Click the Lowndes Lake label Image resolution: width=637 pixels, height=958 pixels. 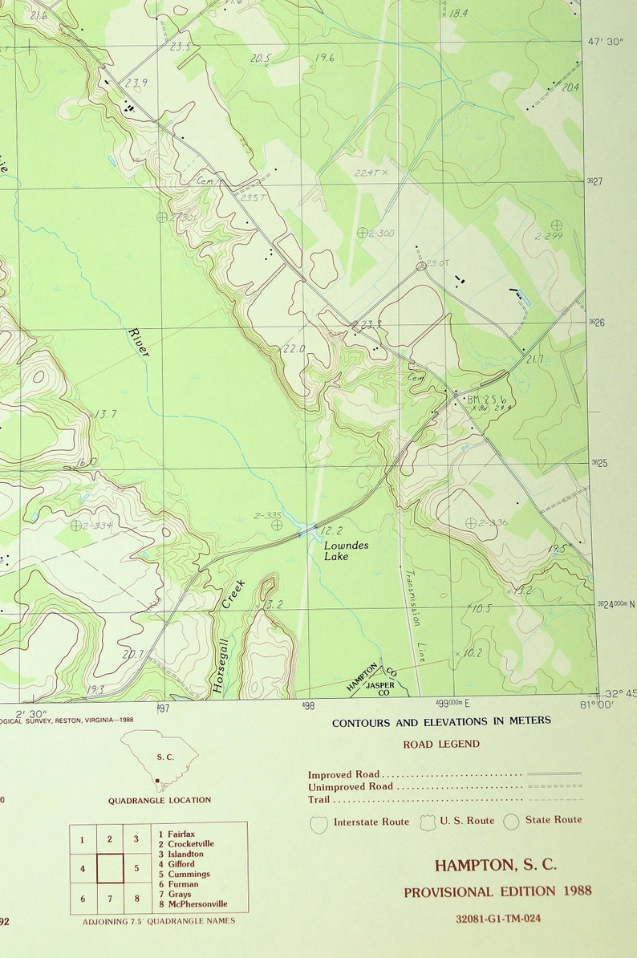(x=336, y=550)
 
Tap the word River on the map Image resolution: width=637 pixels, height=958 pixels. (x=138, y=342)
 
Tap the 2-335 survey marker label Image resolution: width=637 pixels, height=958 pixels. (x=267, y=516)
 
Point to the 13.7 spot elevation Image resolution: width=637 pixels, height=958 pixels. (x=105, y=414)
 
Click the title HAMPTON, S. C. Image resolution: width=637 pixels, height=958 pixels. (x=495, y=865)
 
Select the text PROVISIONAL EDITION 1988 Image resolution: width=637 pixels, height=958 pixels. (x=497, y=891)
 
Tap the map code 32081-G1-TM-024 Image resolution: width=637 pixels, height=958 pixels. (x=497, y=918)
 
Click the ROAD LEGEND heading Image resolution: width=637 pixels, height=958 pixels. (x=441, y=744)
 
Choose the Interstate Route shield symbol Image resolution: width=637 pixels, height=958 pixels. (x=319, y=823)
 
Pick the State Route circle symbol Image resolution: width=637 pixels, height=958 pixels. (x=511, y=822)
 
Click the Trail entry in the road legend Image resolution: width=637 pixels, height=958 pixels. (x=319, y=799)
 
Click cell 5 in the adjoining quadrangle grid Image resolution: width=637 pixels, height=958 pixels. (x=137, y=868)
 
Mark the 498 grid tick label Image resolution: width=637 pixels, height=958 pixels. (x=308, y=707)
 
